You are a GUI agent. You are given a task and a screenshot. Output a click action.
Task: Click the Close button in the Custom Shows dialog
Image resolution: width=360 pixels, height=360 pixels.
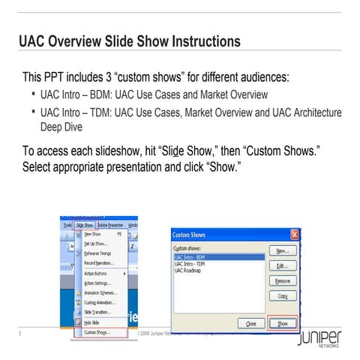(250, 323)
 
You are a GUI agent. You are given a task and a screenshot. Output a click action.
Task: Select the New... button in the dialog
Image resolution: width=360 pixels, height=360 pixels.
(282, 251)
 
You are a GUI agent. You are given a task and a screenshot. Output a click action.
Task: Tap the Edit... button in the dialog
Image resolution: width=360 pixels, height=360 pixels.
(282, 266)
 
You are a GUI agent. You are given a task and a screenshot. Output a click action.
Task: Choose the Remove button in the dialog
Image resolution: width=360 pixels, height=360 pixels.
(282, 281)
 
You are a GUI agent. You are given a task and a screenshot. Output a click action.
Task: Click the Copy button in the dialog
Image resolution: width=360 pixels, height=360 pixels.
(282, 296)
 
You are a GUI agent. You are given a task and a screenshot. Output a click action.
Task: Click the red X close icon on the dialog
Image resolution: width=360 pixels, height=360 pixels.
(295, 234)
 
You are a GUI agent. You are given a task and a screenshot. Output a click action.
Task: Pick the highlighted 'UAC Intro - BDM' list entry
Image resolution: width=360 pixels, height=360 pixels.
(192, 257)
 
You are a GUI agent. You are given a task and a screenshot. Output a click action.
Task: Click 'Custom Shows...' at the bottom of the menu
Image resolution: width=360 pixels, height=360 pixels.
(97, 331)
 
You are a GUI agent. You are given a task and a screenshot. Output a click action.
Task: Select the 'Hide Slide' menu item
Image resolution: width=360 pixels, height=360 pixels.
(92, 322)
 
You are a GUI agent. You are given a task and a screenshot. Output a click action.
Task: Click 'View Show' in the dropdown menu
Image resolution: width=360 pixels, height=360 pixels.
(93, 234)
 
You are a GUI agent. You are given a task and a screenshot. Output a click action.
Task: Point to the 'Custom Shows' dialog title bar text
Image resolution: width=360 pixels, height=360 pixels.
(189, 235)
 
